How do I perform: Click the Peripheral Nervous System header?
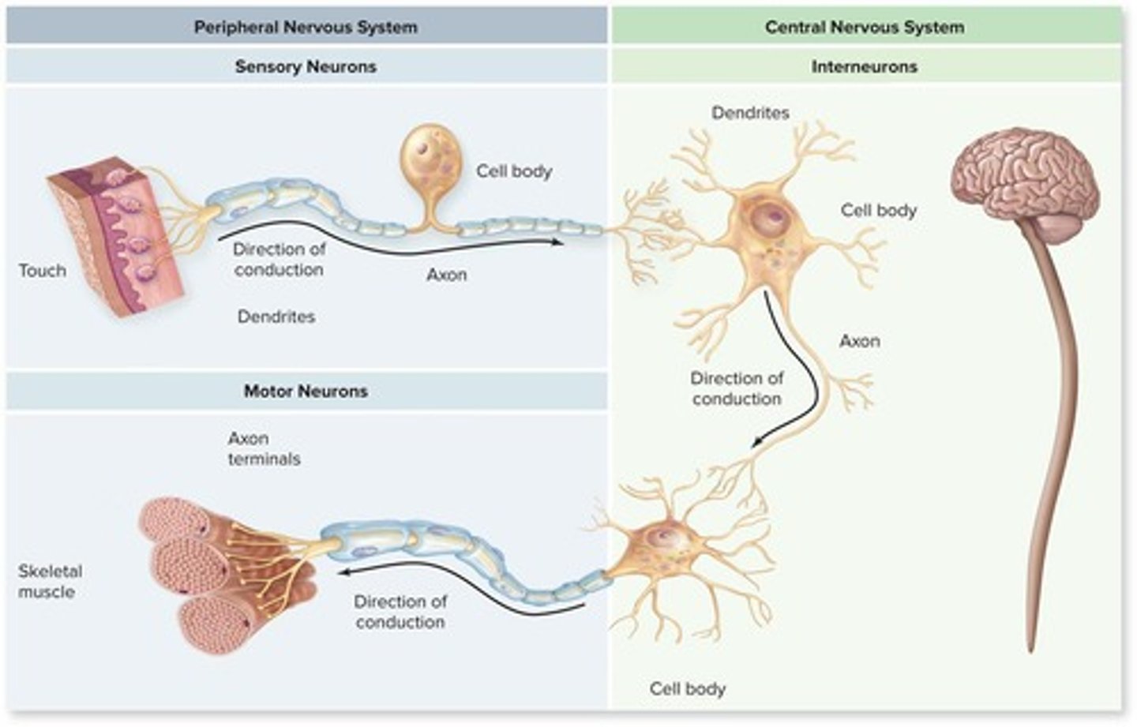click(x=306, y=27)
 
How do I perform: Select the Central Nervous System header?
click(x=864, y=27)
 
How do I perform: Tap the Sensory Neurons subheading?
click(x=306, y=66)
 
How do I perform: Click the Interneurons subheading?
click(x=864, y=66)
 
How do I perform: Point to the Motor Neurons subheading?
click(x=306, y=391)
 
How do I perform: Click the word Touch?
click(x=43, y=271)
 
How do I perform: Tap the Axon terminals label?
click(x=264, y=448)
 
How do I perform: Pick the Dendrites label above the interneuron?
click(x=750, y=113)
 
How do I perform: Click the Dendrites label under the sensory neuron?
click(x=276, y=317)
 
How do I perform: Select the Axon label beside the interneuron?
click(x=859, y=341)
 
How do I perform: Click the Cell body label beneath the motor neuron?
click(x=687, y=688)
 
